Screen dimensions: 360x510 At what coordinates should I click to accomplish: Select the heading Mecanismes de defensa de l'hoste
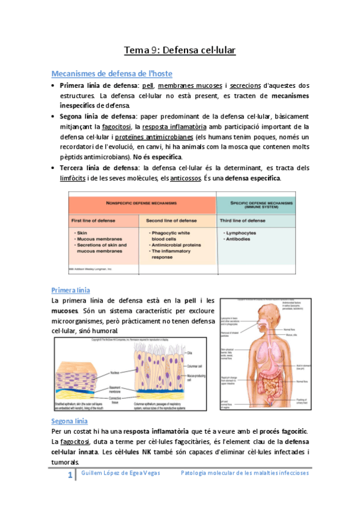112,74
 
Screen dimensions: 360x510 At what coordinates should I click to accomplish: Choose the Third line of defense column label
243,221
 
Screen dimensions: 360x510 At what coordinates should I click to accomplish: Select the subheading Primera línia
71,290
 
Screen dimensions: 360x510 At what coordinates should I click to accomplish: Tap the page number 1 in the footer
70,475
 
